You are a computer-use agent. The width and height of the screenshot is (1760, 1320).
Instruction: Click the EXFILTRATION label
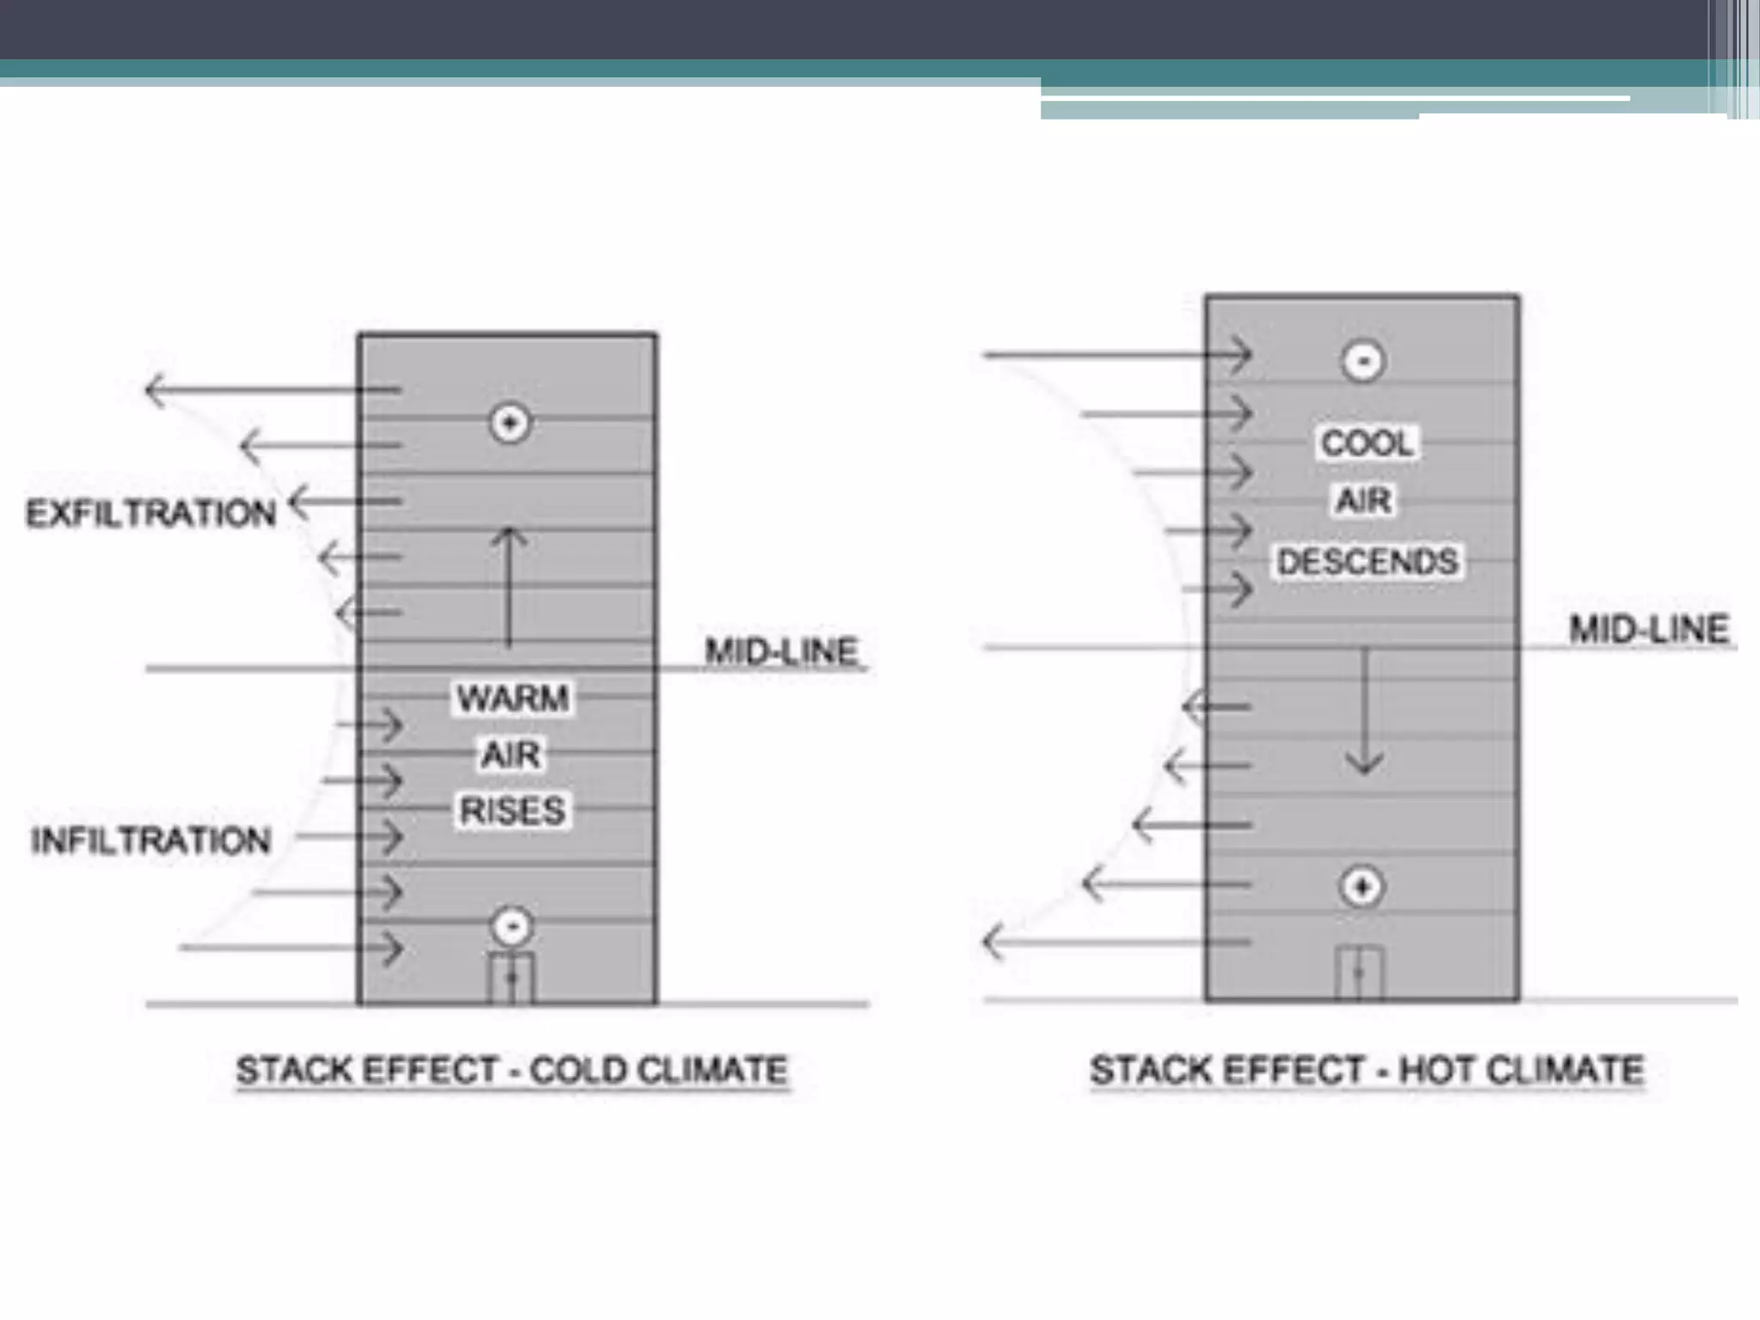151,513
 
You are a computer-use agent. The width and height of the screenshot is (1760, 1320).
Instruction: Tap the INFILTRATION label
151,840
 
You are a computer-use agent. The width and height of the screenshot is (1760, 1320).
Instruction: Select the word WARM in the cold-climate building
513,697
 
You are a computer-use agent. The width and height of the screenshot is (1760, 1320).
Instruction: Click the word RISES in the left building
513,810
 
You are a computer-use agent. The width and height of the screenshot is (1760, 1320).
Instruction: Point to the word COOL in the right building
1366,443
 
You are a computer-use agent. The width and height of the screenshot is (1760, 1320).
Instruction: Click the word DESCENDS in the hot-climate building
1367,561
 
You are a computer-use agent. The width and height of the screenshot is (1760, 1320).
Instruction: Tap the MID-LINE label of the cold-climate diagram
781,651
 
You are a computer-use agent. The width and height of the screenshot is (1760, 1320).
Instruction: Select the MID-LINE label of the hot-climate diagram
1648,629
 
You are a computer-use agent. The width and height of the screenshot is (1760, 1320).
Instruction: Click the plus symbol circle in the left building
510,423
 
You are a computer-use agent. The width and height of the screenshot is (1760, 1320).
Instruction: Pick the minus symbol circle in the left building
512,926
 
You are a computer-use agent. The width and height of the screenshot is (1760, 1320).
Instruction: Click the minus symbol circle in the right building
1363,361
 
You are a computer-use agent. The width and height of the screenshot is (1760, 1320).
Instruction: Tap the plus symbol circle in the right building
1362,887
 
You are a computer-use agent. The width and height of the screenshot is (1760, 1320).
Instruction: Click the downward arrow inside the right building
1365,713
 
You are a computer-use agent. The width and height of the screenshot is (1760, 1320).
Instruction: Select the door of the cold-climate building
511,977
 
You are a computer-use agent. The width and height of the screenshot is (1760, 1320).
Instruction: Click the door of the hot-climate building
1359,973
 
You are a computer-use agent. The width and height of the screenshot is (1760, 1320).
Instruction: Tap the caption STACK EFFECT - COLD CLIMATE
512,1070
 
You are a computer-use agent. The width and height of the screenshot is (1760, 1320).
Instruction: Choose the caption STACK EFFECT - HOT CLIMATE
1366,1070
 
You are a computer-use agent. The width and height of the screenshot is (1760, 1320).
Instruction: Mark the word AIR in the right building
1364,500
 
